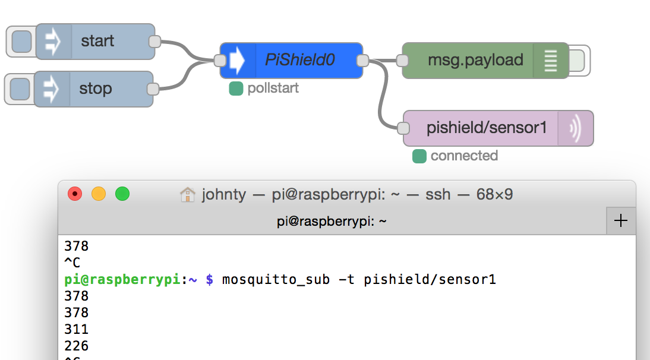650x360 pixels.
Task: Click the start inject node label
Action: coord(98,42)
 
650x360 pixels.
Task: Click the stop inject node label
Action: coord(96,89)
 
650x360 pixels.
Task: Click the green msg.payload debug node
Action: coord(475,60)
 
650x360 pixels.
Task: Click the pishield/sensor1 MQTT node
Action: coord(486,128)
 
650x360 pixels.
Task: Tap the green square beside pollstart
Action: coord(236,89)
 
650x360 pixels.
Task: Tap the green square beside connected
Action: coord(419,156)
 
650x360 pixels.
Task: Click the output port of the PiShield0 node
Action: coord(362,60)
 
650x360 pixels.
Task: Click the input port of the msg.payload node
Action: coord(402,60)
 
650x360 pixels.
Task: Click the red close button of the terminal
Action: coord(75,194)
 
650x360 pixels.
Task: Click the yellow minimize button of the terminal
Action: coord(99,194)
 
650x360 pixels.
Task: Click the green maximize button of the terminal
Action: coord(122,194)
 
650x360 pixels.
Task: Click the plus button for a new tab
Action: coord(620,221)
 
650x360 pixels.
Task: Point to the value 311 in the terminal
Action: coord(76,329)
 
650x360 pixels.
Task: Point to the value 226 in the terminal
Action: coord(76,346)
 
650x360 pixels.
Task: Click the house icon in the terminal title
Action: coord(188,195)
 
